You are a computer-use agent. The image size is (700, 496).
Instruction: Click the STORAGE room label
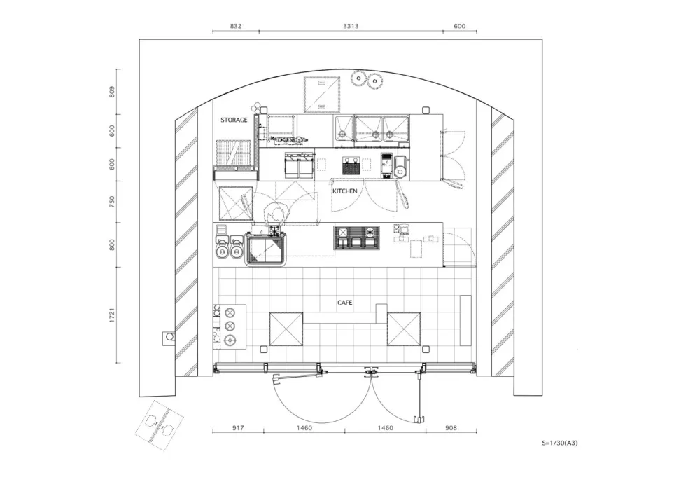pos(234,120)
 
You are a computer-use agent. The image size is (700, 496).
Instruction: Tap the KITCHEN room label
pos(344,191)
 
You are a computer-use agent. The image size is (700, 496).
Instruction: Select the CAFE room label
pos(344,303)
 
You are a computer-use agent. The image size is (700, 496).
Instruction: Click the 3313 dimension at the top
pos(351,26)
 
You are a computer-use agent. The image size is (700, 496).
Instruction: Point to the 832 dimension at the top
pos(235,26)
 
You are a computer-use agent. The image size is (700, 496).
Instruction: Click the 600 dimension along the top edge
pos(460,26)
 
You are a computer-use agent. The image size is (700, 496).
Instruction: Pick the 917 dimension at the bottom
pos(238,427)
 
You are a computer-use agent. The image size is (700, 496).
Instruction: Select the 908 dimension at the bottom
pos(451,427)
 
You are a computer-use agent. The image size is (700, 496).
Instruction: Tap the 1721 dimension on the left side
pos(113,315)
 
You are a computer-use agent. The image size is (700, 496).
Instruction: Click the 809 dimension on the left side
pos(113,91)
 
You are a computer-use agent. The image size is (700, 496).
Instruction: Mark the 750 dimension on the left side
pos(113,202)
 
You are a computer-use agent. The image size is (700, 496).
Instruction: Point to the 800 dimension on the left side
pos(113,244)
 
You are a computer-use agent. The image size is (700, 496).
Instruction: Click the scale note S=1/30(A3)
pos(560,443)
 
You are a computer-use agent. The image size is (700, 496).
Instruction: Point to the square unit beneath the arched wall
pos(322,95)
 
